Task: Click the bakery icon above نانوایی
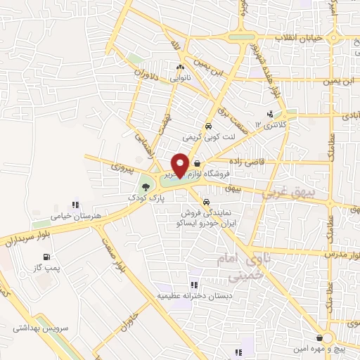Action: [x=181, y=67]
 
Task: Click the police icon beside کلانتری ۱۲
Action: [x=270, y=114]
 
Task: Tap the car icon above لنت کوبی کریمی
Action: [x=208, y=127]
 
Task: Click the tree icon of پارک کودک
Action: [x=146, y=187]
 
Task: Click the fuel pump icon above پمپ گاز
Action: [x=46, y=257]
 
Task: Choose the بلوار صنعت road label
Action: [x=96, y=271]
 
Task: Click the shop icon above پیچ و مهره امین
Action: [x=320, y=338]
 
